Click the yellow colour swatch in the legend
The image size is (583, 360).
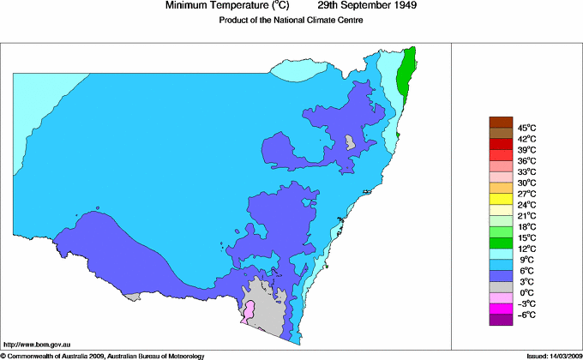click(501, 199)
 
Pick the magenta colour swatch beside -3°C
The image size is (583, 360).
click(501, 309)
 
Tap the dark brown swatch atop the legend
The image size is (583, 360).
click(501, 122)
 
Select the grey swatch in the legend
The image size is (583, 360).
click(501, 286)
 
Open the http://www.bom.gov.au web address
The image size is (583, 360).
click(38, 343)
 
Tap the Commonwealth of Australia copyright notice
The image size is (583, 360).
click(102, 355)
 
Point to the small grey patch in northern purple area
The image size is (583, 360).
click(349, 142)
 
